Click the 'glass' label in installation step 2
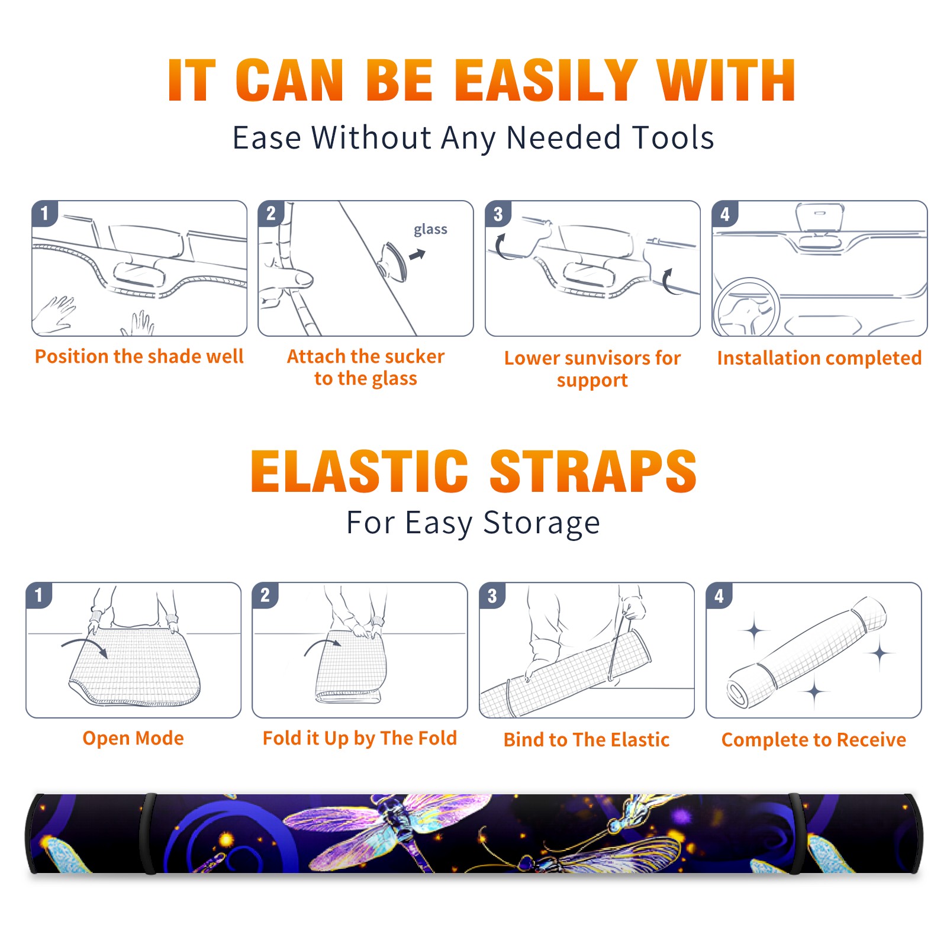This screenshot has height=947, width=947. point(430,230)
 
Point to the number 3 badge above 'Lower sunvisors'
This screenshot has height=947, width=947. point(498,214)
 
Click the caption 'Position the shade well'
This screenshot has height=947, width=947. point(139,356)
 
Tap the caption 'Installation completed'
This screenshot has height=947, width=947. point(819,358)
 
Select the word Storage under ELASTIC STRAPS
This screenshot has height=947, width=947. point(542,523)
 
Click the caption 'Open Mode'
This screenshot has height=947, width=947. point(133,738)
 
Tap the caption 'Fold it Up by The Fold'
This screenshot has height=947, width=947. point(360,738)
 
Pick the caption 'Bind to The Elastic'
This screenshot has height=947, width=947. point(587,740)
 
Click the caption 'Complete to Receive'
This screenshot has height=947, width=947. point(814,740)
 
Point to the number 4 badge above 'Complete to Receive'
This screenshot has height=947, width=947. point(719,595)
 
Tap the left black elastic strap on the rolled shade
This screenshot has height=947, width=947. point(148,834)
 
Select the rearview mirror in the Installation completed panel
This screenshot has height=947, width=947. point(820,217)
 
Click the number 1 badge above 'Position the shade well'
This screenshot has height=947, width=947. point(44,213)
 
